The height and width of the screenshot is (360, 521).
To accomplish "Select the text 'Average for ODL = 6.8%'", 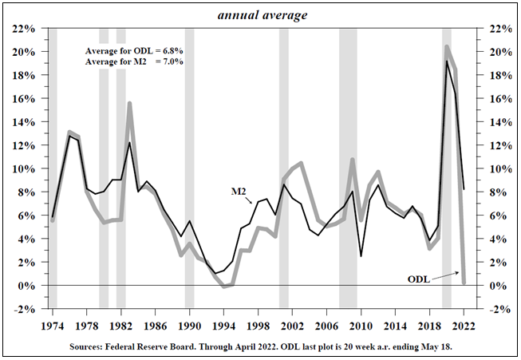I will point(134,51).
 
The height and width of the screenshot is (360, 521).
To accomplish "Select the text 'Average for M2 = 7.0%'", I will point(134,61).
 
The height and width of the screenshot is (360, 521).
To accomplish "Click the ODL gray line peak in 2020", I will point(447,47).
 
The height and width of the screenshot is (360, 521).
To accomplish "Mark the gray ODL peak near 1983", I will point(129,103).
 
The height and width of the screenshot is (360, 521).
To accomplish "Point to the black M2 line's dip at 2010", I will point(361,255).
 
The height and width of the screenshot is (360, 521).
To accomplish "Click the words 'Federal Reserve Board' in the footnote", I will point(166,348).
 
